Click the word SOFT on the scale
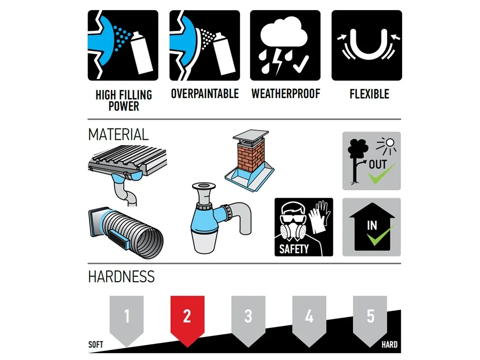pos(95,345)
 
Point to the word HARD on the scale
pos(389,345)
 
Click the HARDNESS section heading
pos(121,276)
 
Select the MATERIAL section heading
pos(118,134)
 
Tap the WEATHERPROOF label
pos(286,94)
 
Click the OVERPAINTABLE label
pos(205,94)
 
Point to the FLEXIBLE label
pos(370,94)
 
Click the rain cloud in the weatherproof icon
pos(284,33)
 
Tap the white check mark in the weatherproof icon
pos(301,65)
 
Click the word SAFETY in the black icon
pos(294,249)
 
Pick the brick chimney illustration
pos(250,160)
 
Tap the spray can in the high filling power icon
pos(142,53)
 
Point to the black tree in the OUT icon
pos(357,161)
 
